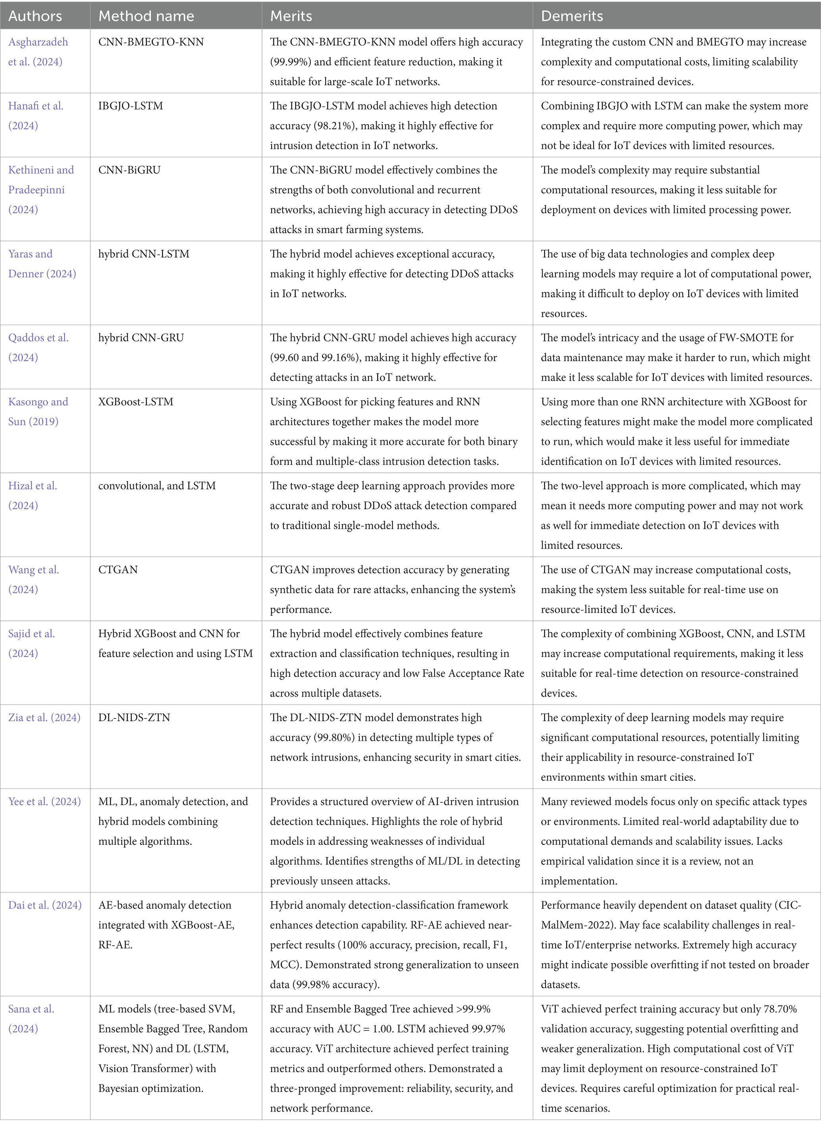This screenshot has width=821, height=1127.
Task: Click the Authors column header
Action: tap(35, 16)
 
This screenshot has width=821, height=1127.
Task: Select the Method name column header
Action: tap(146, 16)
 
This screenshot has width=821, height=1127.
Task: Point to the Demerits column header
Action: tap(572, 16)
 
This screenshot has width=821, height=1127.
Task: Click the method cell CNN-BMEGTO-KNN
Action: tap(151, 42)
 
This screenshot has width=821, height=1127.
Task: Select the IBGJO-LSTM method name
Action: tap(131, 106)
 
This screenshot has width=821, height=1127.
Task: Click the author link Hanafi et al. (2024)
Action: tap(36, 115)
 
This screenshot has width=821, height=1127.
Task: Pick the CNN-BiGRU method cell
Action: tap(129, 170)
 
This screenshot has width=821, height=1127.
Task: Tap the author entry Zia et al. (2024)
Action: tap(44, 718)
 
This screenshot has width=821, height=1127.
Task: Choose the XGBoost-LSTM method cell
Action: tap(136, 401)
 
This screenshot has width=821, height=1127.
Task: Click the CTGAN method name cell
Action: tap(118, 570)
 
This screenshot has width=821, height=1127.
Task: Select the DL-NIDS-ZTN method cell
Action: tap(134, 718)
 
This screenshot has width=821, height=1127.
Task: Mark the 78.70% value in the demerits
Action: tap(780, 1009)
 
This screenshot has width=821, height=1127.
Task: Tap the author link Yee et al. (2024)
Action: tap(44, 801)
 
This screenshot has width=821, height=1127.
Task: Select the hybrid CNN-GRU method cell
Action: tap(141, 337)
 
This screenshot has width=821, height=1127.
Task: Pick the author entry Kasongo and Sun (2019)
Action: tap(38, 411)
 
